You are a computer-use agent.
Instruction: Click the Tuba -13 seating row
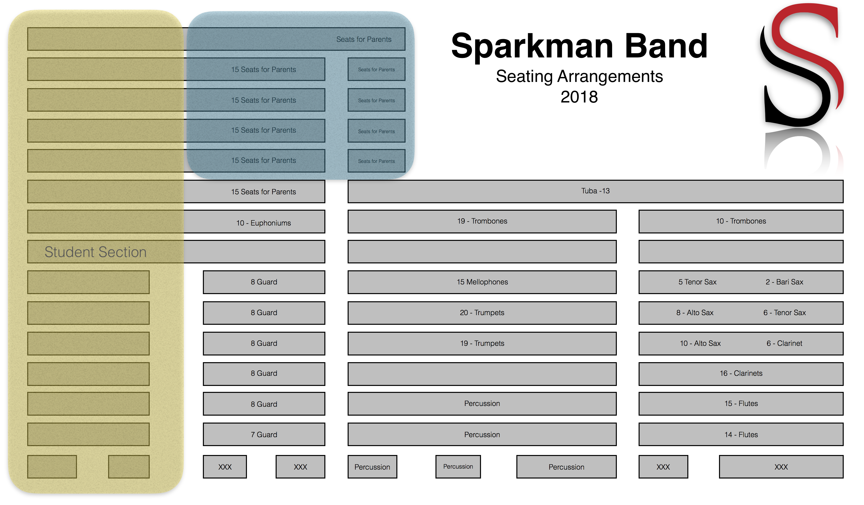tap(595, 191)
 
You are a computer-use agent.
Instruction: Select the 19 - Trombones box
tap(482, 221)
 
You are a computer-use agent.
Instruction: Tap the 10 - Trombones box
tap(741, 221)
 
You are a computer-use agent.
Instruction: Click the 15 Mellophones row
tap(482, 282)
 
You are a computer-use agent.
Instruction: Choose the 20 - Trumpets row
tap(482, 313)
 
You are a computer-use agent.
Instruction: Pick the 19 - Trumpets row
tap(482, 343)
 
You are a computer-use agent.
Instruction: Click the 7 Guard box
tap(264, 434)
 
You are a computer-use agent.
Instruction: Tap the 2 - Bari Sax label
tap(785, 282)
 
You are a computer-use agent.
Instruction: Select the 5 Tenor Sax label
tap(697, 282)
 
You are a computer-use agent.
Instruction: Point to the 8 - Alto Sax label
tap(695, 313)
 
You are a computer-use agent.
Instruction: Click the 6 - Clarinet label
tap(785, 343)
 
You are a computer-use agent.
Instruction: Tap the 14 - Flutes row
tap(741, 434)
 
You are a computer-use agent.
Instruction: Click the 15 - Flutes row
tap(741, 404)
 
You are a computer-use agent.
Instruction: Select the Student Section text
tap(96, 252)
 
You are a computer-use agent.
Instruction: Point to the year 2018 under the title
tap(579, 97)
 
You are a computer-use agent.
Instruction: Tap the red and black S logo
tap(802, 65)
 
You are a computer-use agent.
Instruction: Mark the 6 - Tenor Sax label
tap(785, 313)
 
